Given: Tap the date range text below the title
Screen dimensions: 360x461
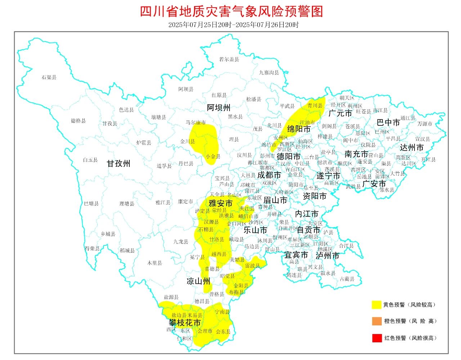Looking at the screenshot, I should [x=233, y=25].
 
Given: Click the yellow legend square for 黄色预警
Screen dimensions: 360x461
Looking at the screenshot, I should [x=376, y=305].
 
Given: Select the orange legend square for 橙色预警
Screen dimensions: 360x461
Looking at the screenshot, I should [x=376, y=321].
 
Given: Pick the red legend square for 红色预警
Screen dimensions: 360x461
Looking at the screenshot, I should [x=376, y=338].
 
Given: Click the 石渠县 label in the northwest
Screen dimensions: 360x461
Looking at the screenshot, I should [x=49, y=77].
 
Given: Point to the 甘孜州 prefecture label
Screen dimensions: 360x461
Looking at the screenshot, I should [x=118, y=164].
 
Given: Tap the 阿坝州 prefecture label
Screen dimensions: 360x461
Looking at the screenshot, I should [x=218, y=107].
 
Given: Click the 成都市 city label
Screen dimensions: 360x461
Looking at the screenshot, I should [x=269, y=175].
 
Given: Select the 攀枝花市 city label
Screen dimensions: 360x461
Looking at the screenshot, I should [x=185, y=323].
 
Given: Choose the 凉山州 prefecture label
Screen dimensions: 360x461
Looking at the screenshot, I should [x=198, y=281].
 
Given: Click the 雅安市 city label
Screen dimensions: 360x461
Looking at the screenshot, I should [x=220, y=203].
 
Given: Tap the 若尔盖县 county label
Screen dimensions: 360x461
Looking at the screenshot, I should [x=229, y=59].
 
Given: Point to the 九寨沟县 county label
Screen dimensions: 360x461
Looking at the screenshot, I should [x=269, y=72].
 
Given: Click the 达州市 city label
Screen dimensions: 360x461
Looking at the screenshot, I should [x=412, y=148].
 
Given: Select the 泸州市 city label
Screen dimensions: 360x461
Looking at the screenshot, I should [x=327, y=256].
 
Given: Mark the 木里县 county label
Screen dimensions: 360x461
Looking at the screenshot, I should [x=155, y=263].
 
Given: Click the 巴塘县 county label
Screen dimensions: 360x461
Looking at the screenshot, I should [x=91, y=203].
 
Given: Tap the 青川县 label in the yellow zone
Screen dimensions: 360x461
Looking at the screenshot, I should [x=315, y=106].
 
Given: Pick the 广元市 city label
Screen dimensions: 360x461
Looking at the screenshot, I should [x=340, y=113].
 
